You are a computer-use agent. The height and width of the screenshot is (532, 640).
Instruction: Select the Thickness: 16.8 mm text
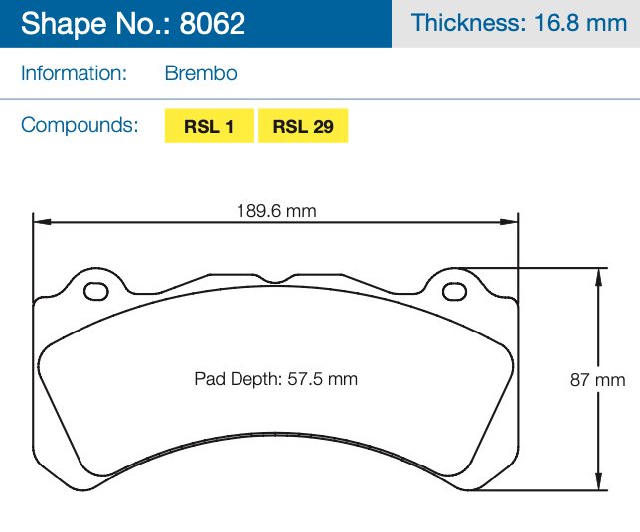[519, 23]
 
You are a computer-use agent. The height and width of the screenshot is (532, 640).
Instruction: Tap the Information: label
[74, 73]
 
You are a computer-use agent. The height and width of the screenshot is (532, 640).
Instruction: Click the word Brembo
[200, 73]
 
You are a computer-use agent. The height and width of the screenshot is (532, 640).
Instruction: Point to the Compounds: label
[80, 125]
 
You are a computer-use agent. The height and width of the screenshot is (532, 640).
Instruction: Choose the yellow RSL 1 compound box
[209, 126]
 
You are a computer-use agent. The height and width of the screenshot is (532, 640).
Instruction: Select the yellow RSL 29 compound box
[303, 126]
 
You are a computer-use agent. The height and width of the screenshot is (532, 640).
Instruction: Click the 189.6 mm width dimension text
[276, 210]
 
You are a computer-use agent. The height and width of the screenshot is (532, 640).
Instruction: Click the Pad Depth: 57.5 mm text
[276, 379]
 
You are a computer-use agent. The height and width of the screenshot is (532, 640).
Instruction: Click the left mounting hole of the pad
[97, 292]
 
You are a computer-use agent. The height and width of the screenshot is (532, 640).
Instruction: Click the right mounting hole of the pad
[454, 292]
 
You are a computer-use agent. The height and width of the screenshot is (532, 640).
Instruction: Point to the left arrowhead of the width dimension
[38, 223]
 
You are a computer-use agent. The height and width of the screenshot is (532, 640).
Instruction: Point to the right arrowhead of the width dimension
[514, 223]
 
